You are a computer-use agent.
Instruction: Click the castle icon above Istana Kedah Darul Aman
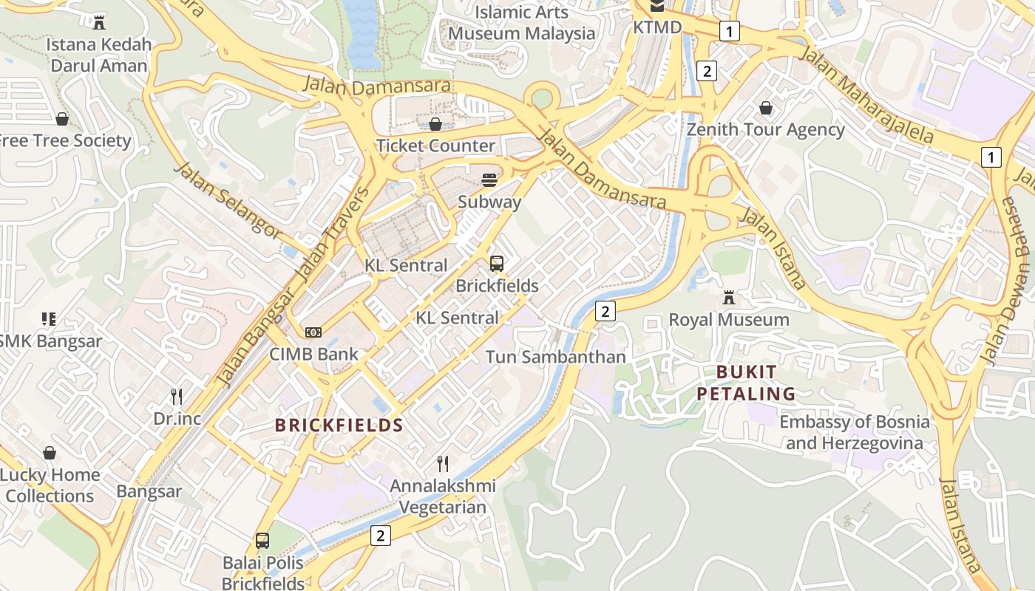click(99, 21)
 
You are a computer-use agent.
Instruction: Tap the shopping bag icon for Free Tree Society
click(62, 119)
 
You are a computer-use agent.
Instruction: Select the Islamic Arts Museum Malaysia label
click(521, 23)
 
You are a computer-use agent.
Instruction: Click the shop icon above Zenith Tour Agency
click(766, 108)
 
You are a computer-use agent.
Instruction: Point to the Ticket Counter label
click(435, 146)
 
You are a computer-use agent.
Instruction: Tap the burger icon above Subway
click(489, 180)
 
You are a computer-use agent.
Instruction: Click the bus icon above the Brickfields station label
click(497, 263)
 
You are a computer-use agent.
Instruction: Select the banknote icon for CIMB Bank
click(313, 332)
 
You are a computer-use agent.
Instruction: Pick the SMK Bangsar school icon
click(49, 319)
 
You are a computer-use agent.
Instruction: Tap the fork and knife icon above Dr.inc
click(177, 397)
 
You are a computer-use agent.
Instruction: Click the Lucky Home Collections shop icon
click(50, 453)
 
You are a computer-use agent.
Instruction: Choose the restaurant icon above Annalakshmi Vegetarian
click(443, 463)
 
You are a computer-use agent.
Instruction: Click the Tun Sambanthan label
click(555, 357)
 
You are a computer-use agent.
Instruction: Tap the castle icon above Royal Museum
click(729, 298)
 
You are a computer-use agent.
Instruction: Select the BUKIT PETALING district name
click(746, 383)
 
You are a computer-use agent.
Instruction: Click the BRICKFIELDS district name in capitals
click(339, 425)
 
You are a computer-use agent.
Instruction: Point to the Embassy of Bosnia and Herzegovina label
click(855, 432)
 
